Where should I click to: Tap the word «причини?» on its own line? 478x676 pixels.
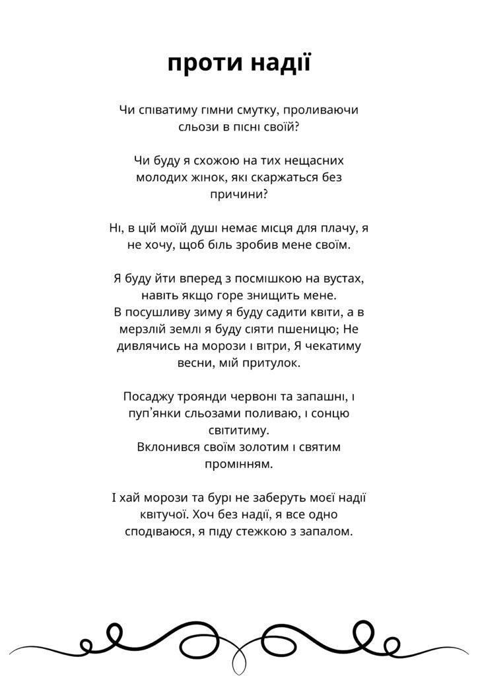238,195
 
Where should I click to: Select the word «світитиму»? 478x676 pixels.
238,431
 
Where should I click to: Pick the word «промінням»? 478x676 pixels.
238,465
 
